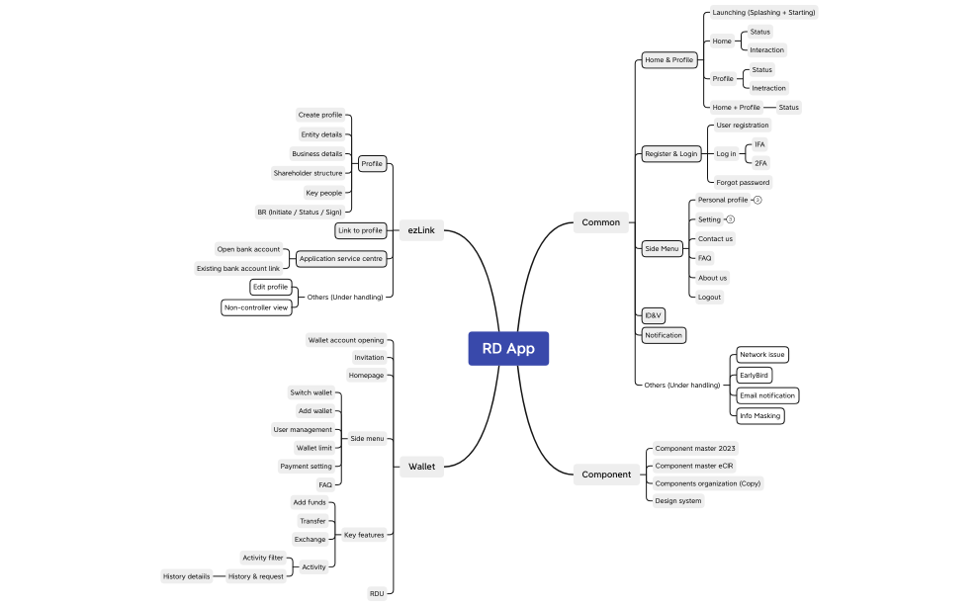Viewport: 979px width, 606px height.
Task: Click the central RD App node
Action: tap(507, 348)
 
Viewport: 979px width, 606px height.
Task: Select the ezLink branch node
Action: tap(421, 230)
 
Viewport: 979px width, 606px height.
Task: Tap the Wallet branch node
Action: tap(421, 466)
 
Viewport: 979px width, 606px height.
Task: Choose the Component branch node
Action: tap(605, 475)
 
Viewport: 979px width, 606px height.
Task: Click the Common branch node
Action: tap(600, 222)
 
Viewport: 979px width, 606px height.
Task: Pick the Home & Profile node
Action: tap(668, 59)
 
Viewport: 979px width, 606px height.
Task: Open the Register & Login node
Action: tap(670, 153)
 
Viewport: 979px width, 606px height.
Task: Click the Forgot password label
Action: tap(742, 182)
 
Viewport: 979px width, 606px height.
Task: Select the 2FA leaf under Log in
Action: tap(759, 163)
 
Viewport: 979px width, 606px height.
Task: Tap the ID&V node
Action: tap(653, 315)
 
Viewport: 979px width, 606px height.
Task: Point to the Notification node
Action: tap(663, 335)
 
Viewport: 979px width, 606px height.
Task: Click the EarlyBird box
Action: tap(754, 376)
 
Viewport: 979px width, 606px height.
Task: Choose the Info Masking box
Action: tap(759, 415)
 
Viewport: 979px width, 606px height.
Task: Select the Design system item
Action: tap(677, 500)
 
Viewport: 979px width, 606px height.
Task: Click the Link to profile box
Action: tap(359, 230)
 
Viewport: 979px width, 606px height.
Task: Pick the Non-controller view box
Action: tap(256, 307)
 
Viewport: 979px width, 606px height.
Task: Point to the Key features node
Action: tap(363, 535)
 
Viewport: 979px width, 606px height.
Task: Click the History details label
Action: tap(186, 575)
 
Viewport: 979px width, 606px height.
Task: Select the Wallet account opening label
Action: tap(345, 340)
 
